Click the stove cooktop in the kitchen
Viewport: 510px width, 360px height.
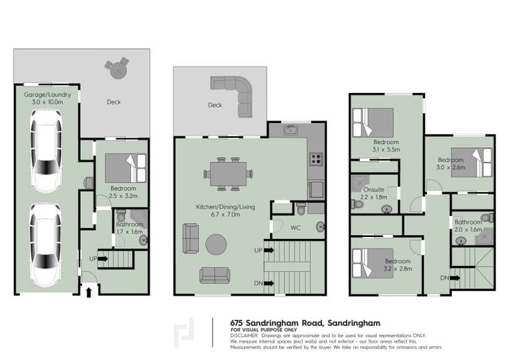[316, 159]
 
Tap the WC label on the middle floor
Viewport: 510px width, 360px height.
[295, 226]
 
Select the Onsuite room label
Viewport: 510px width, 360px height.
[374, 189]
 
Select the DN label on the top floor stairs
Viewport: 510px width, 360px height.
[443, 278]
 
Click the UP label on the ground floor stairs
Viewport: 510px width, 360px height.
[93, 259]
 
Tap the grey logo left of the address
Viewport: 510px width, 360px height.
[185, 332]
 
